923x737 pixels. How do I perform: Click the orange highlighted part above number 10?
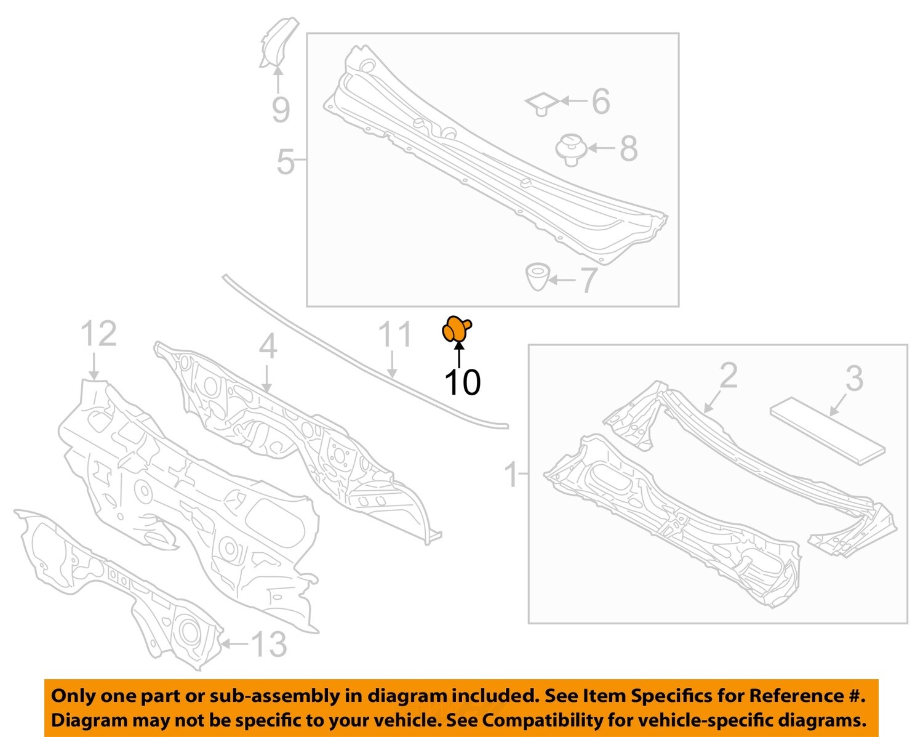point(457,329)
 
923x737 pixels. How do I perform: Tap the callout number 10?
point(462,382)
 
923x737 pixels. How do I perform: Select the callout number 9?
point(281,110)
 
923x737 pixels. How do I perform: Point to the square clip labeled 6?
point(542,103)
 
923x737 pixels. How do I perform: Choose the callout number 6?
point(601,101)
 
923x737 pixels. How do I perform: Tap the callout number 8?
point(628,148)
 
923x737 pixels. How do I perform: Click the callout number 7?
point(588,280)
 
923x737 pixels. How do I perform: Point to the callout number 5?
point(285,161)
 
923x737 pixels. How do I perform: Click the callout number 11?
point(394,335)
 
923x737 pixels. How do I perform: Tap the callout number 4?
point(268,347)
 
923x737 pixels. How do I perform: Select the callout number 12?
point(98,334)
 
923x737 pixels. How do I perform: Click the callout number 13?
point(269,644)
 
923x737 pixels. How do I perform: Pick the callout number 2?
point(728,376)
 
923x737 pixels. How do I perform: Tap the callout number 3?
point(853,379)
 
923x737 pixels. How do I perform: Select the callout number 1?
point(512,475)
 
